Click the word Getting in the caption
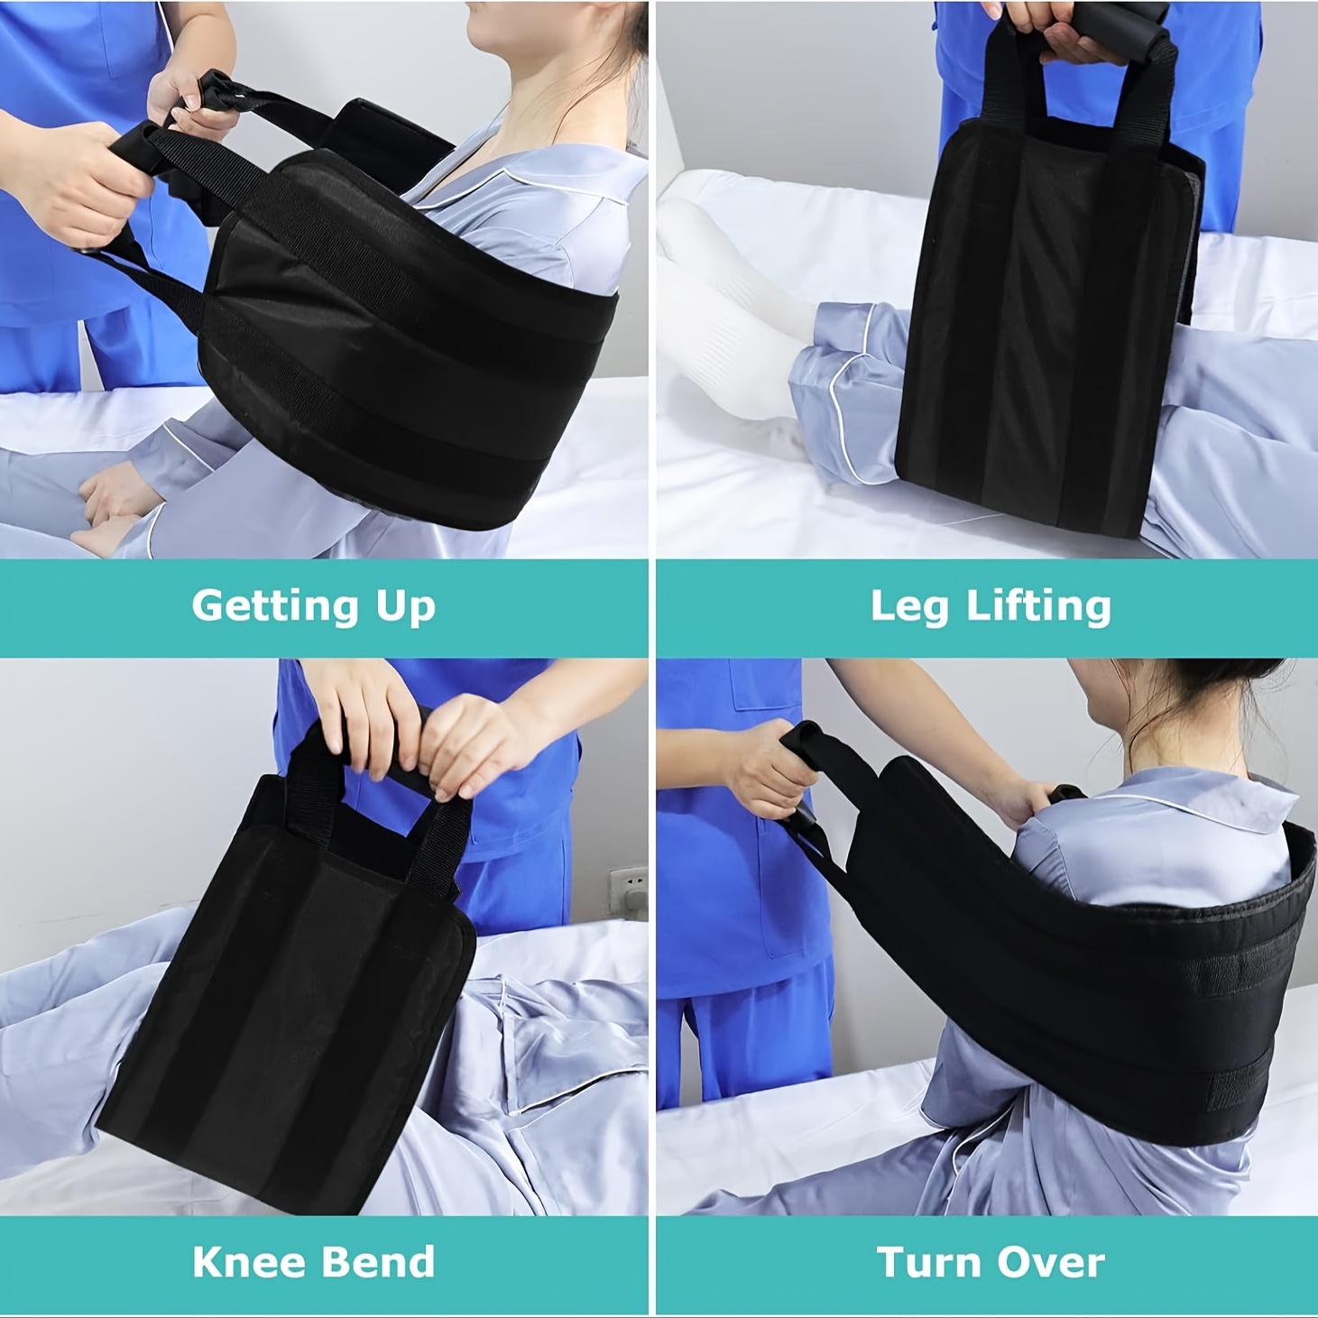point(275,607)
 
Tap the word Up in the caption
point(406,607)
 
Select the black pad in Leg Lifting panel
point(1046,328)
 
